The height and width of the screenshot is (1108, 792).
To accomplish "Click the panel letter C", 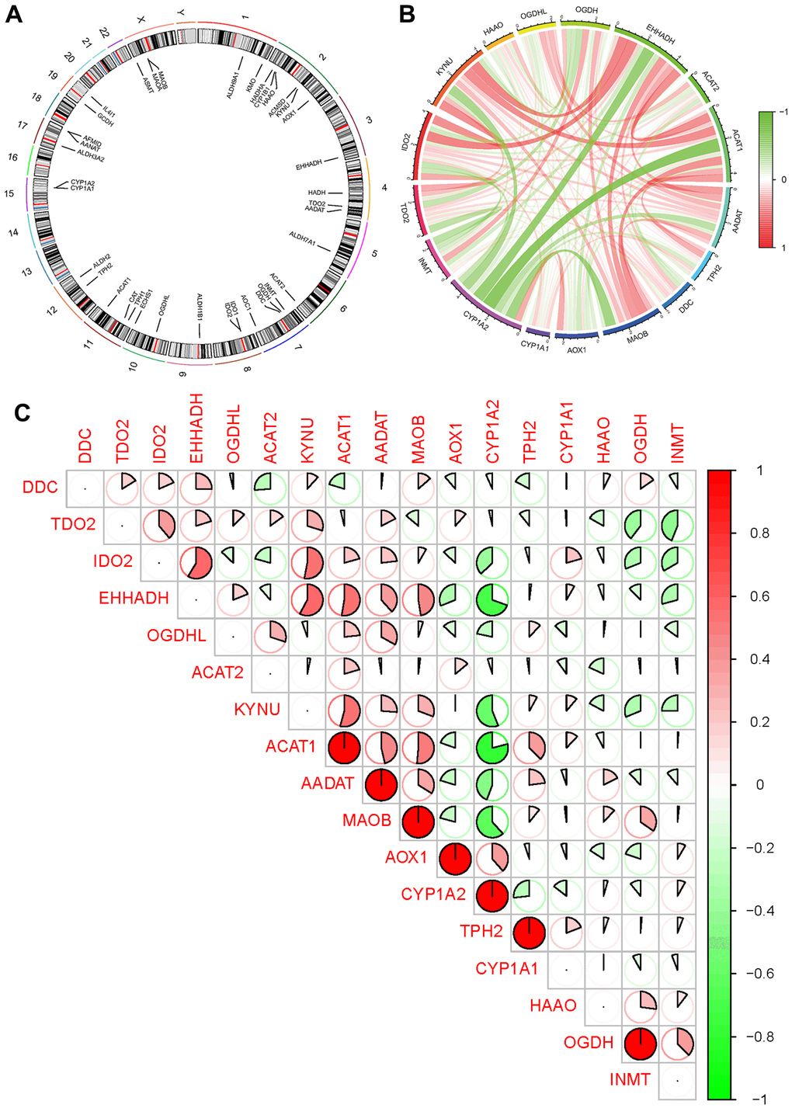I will [x=22, y=412].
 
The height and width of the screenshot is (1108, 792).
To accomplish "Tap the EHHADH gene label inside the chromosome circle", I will [x=308, y=165].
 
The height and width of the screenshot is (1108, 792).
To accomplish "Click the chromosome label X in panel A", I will [x=140, y=18].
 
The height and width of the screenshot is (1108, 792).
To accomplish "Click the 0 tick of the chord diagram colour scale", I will [x=784, y=179].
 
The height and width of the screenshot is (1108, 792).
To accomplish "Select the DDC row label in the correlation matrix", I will [x=40, y=488].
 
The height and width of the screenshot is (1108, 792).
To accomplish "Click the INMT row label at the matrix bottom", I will [x=630, y=1078].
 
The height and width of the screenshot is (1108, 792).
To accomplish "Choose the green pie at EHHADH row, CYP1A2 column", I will [x=492, y=599].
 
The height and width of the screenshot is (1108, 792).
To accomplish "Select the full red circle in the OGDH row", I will [x=640, y=1042].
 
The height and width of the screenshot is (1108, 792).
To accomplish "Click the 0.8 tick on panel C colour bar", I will [x=760, y=533].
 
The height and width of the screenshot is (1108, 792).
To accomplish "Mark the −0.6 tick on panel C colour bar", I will [x=763, y=973].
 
